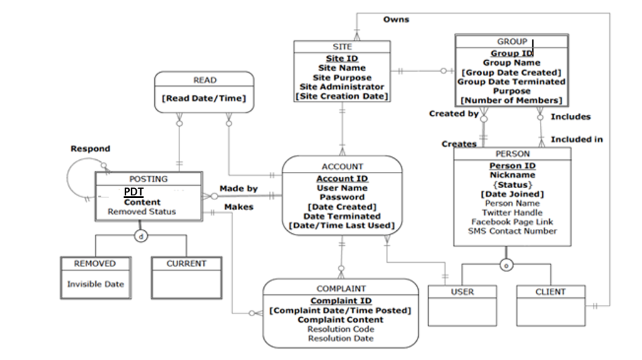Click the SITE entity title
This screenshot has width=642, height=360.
tap(342, 47)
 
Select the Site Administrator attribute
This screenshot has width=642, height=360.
tap(342, 87)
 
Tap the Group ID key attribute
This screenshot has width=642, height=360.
tap(511, 53)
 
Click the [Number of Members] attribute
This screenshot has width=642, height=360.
tap(511, 100)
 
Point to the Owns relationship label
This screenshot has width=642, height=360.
tap(396, 19)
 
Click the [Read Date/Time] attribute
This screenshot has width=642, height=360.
tap(204, 98)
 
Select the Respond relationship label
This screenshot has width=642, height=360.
tap(90, 149)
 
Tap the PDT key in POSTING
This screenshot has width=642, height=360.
tap(134, 192)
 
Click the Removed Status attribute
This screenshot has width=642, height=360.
tap(142, 211)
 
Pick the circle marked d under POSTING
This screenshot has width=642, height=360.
tap(141, 236)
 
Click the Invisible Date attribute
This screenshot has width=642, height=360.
tap(96, 284)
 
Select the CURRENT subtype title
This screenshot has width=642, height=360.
tap(186, 264)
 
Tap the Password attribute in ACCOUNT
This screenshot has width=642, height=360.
tap(342, 197)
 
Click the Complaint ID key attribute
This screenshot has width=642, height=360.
tap(340, 301)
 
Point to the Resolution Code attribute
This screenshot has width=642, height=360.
tap(340, 329)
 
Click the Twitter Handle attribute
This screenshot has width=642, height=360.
tap(512, 213)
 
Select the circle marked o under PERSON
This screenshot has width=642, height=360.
tap(507, 265)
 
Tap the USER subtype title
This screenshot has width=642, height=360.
tap(462, 292)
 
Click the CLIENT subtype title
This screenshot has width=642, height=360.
tap(550, 292)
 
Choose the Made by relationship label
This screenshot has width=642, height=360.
tap(238, 189)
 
